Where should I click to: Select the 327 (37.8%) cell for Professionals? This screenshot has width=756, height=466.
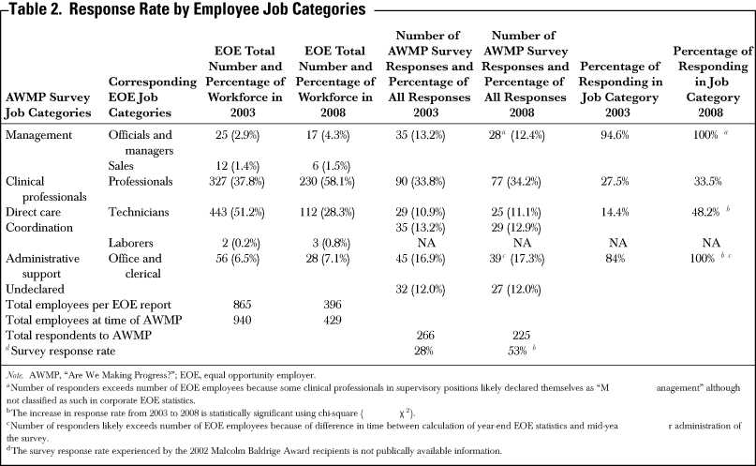pyautogui.click(x=237, y=181)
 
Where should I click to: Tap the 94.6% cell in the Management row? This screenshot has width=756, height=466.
pyautogui.click(x=615, y=135)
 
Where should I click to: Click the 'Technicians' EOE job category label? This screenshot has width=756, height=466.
pyautogui.click(x=139, y=212)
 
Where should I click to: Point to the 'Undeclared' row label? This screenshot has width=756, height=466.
pyautogui.click(x=35, y=290)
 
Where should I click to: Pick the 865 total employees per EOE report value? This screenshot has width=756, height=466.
pyautogui.click(x=242, y=305)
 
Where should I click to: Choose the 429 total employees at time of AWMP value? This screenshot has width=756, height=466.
pyautogui.click(x=333, y=321)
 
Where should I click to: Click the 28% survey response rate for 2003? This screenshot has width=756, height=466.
pyautogui.click(x=423, y=352)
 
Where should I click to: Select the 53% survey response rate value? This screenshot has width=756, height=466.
pyautogui.click(x=517, y=352)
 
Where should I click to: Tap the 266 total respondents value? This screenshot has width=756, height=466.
pyautogui.click(x=425, y=336)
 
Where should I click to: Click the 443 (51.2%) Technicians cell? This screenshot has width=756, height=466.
pyautogui.click(x=237, y=212)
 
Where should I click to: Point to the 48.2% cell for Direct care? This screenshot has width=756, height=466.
pyautogui.click(x=705, y=212)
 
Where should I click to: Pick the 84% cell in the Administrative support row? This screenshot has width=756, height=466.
pyautogui.click(x=615, y=259)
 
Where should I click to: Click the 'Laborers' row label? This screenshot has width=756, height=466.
pyautogui.click(x=130, y=243)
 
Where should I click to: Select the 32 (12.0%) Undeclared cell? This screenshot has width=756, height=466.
pyautogui.click(x=421, y=290)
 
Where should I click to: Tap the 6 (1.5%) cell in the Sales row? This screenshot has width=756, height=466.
pyautogui.click(x=331, y=166)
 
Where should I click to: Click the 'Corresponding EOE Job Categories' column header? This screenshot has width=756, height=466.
pyautogui.click(x=153, y=97)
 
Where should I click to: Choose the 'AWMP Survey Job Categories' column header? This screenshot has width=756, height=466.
pyautogui.click(x=48, y=105)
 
